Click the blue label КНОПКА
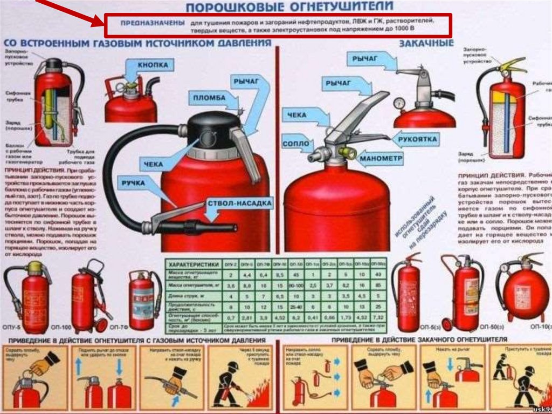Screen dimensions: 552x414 point(153,65)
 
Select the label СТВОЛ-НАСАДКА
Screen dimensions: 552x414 point(240,203)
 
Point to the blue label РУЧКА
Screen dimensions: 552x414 point(133,184)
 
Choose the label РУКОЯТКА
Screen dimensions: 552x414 point(418,140)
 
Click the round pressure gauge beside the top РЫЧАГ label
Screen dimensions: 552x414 point(399,103)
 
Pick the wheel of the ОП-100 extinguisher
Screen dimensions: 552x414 point(100,324)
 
